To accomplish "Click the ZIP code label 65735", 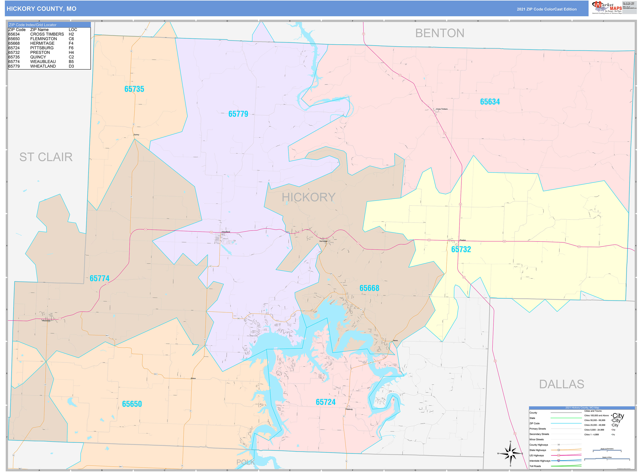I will (x=134, y=89).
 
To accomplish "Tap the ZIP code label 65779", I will (x=238, y=114).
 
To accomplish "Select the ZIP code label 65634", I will (x=490, y=102).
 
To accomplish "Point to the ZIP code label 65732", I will (x=461, y=249).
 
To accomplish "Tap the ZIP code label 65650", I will (x=132, y=404).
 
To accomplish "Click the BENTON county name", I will (x=440, y=33).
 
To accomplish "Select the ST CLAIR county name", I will (x=46, y=157).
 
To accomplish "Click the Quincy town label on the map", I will (x=136, y=135).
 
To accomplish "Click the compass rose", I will (x=510, y=454).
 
